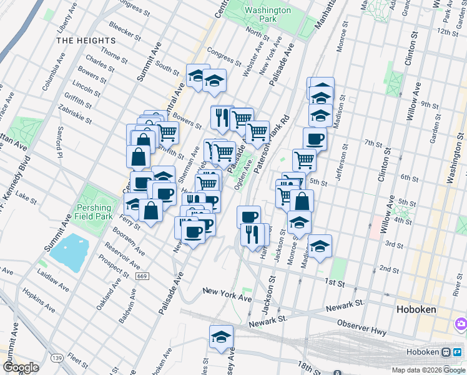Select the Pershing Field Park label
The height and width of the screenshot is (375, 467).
[94, 212]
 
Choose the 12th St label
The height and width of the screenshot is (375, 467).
[448, 32]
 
